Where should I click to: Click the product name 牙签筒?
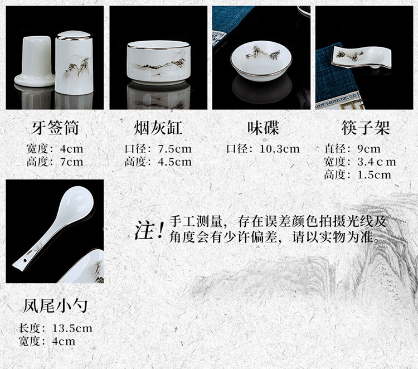(x=55, y=128)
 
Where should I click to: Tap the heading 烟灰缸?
(x=158, y=128)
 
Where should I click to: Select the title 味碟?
(x=263, y=128)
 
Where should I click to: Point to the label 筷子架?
(x=366, y=128)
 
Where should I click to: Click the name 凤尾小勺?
(x=55, y=305)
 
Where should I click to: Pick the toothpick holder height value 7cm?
(x=72, y=162)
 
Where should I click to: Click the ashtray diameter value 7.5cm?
(x=175, y=149)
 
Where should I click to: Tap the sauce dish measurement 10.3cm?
(x=280, y=149)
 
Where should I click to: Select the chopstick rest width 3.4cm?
(x=377, y=162)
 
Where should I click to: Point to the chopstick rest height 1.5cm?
(x=375, y=175)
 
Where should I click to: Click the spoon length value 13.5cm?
(x=72, y=328)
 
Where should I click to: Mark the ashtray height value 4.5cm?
(x=175, y=162)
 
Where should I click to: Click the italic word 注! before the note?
(x=149, y=230)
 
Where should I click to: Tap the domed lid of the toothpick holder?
(x=74, y=35)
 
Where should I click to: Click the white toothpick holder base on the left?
(x=35, y=61)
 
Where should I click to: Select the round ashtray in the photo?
(x=159, y=62)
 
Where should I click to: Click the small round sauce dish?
(x=261, y=61)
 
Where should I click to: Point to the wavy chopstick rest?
(x=362, y=57)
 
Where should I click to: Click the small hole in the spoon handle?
(x=25, y=259)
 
